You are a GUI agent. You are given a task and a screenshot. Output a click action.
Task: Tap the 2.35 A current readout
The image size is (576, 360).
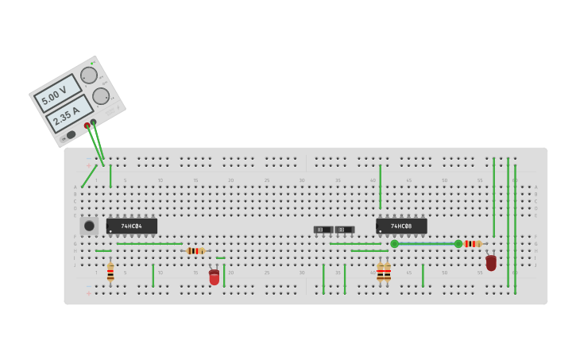point(68,114)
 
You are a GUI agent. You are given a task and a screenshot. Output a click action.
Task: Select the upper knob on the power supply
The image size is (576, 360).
point(89,75)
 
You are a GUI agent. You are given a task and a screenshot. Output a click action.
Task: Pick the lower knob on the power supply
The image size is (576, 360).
point(101,96)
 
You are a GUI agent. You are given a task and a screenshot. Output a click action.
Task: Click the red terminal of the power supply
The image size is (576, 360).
point(87,126)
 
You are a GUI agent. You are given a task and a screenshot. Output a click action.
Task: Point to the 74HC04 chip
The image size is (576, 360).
point(132,226)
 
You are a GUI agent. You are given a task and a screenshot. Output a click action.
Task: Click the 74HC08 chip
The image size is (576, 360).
point(401,226)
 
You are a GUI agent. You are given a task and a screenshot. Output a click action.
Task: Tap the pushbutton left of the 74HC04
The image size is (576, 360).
point(89,226)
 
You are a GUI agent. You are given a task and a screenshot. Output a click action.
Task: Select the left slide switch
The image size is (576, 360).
point(323,230)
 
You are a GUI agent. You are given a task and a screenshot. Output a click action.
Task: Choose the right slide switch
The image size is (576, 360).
point(344,230)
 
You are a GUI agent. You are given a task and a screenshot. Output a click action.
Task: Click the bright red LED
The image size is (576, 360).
point(214,277)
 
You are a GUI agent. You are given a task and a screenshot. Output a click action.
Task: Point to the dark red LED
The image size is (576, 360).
point(491,262)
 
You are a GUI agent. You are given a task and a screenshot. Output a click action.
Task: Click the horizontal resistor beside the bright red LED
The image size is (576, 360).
point(195,251)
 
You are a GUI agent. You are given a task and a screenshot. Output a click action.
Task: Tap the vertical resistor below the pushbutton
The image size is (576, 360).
point(110,273)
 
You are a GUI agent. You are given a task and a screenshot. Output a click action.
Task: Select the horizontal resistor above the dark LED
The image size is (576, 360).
point(471,244)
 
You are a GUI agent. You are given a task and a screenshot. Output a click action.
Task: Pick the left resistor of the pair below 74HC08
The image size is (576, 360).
point(381,273)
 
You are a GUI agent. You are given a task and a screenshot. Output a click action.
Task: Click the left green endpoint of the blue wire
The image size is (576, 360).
point(394,244)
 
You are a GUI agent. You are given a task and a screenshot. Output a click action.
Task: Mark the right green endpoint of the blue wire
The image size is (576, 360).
point(458,244)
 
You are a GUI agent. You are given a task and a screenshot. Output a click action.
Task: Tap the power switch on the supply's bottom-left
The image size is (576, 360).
point(72,135)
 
